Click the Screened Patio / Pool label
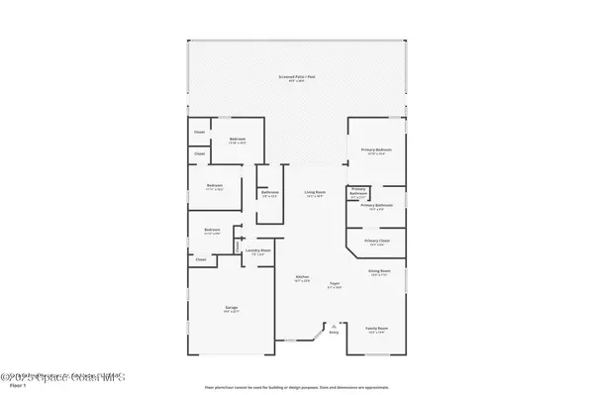(x=297, y=78)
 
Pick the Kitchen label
(x=302, y=278)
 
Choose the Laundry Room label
(x=258, y=251)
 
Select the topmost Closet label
(x=199, y=132)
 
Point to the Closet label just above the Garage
(x=201, y=259)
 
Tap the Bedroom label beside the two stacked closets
(x=238, y=140)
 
